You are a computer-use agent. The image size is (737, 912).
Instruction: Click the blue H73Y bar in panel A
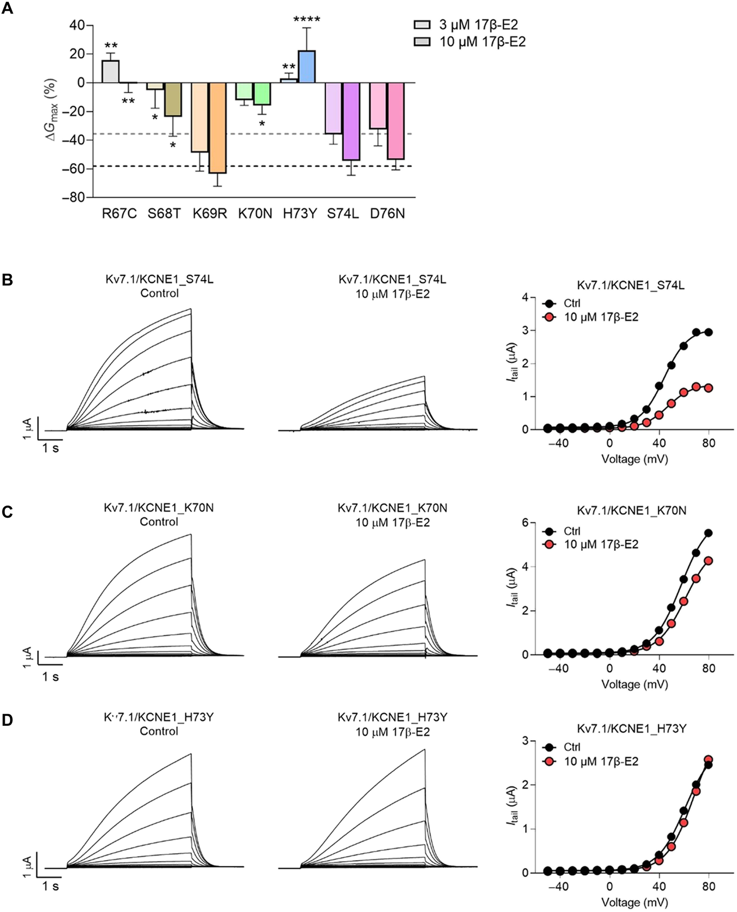[x=307, y=67]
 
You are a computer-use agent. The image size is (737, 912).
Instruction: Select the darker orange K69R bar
[x=217, y=127]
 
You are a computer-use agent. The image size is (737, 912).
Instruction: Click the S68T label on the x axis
[x=164, y=213]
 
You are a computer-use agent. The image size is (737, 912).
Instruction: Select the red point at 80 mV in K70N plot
[x=708, y=561]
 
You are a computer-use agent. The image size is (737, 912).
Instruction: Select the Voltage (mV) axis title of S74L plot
[x=635, y=459]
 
